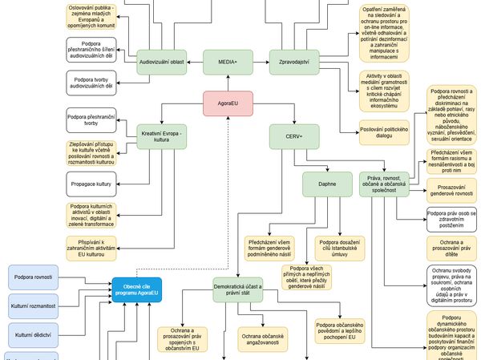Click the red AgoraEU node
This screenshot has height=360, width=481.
click(228, 103)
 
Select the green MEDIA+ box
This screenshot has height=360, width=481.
click(228, 62)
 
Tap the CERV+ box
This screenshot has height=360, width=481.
click(295, 136)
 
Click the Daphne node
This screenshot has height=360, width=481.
click(327, 185)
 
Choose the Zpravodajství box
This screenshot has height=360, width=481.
click(295, 62)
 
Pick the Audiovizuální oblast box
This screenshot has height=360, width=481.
click(162, 62)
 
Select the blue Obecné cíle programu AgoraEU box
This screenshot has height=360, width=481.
click(136, 290)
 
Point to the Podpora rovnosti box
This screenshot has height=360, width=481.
click(32, 277)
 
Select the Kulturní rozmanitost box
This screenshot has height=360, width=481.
click(32, 305)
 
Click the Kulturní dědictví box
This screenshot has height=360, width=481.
click(32, 333)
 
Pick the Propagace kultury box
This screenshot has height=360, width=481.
click(91, 184)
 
